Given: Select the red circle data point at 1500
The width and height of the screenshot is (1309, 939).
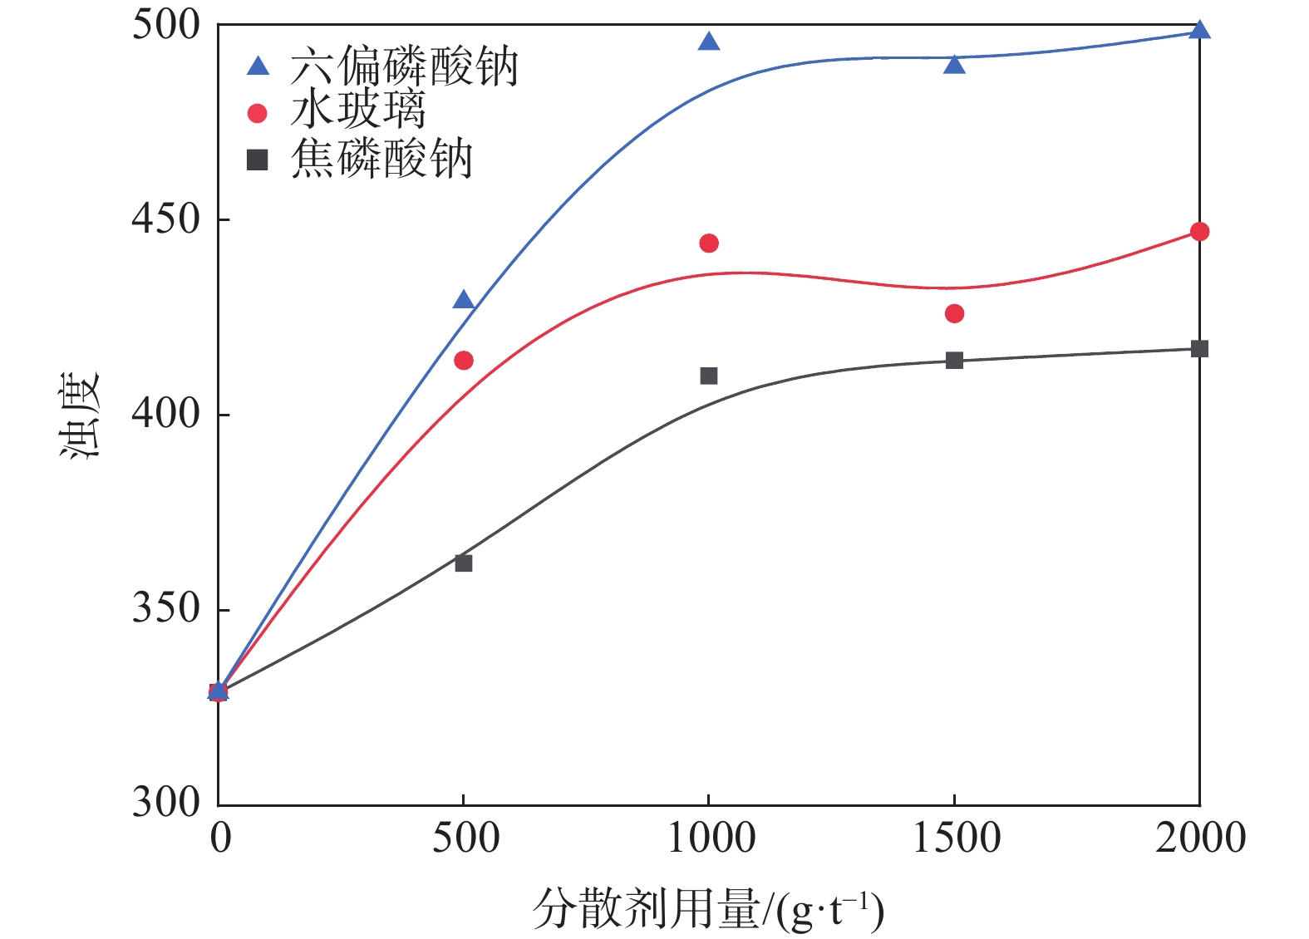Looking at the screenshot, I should click(954, 313).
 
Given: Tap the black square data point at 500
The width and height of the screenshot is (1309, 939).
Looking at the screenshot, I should click(464, 563).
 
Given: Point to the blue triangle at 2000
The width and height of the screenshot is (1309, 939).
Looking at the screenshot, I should click(1199, 31).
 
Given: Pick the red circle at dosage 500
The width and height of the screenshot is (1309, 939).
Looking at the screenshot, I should click(464, 360).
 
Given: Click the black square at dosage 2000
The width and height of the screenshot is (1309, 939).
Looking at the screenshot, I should click(1199, 348).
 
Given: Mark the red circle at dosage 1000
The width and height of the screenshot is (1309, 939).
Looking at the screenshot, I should click(709, 243).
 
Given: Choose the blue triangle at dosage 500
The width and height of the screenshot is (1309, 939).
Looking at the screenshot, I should click(464, 301).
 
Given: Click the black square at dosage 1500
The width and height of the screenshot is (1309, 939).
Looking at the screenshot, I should click(954, 360).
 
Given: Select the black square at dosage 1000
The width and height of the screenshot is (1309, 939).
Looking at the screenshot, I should click(709, 376).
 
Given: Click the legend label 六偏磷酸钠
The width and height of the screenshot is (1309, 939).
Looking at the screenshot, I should click(404, 66).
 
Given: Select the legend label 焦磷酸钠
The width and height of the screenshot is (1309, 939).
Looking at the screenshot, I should click(381, 159).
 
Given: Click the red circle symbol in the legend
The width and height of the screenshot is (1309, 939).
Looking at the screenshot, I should click(258, 113).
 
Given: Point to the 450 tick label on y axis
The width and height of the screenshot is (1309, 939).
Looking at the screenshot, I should click(166, 219).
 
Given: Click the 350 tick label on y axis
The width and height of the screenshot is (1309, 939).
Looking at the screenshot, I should click(166, 609).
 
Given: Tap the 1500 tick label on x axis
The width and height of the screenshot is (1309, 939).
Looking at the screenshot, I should click(956, 838).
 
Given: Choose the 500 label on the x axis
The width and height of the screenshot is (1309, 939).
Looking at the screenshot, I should click(465, 838).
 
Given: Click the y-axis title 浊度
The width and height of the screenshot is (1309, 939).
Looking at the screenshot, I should click(81, 415).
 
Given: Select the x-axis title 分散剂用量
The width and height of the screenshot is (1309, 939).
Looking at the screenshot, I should click(647, 908).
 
